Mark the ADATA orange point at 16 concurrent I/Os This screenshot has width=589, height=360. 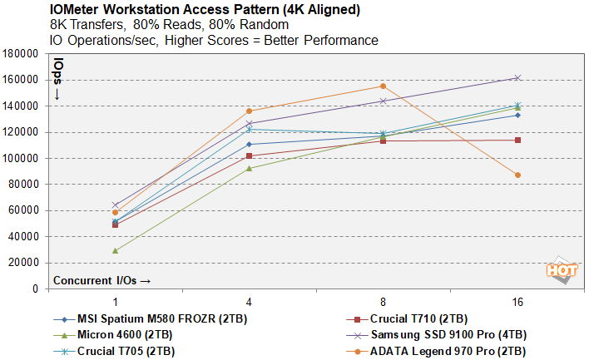pyautogui.click(x=517, y=175)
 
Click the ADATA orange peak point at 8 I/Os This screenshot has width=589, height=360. pyautogui.click(x=383, y=86)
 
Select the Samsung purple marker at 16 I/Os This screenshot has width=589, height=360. pyautogui.click(x=517, y=78)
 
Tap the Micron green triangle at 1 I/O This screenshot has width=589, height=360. pyautogui.click(x=115, y=250)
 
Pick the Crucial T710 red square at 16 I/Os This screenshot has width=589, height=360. pyautogui.click(x=517, y=140)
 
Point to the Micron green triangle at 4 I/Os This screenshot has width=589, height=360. pyautogui.click(x=249, y=168)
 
